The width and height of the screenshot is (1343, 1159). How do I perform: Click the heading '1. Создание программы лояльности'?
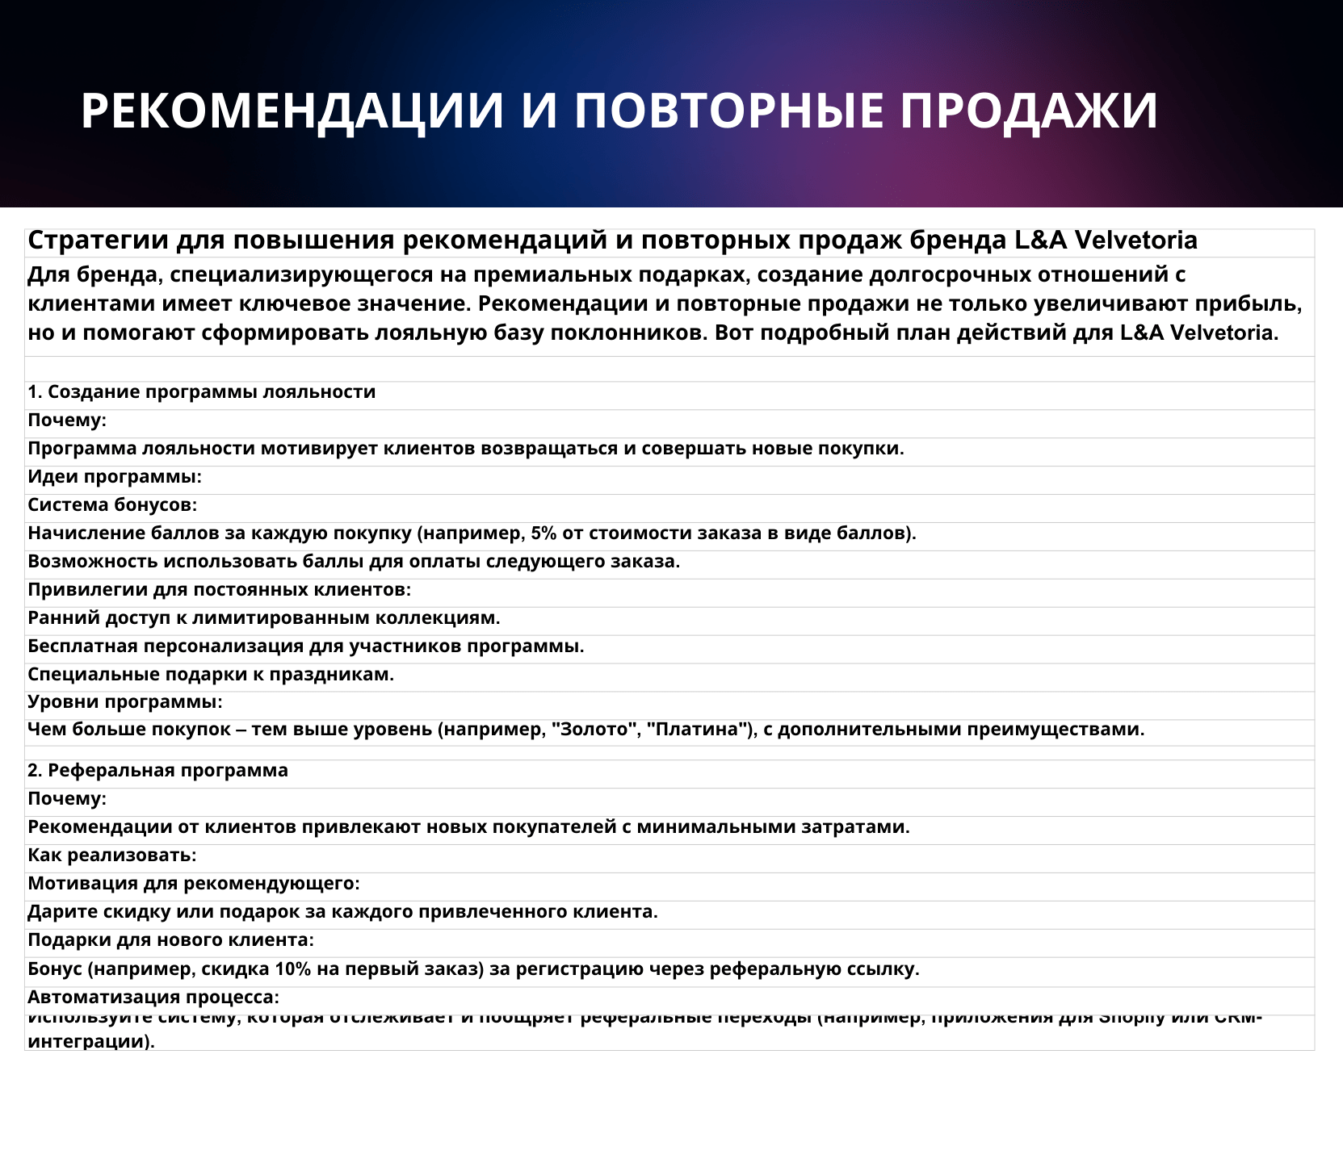click(x=202, y=392)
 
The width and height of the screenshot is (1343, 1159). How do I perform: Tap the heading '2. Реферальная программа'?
click(x=158, y=771)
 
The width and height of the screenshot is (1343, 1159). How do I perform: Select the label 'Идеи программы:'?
click(x=115, y=477)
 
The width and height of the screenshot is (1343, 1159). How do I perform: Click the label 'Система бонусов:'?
click(x=112, y=505)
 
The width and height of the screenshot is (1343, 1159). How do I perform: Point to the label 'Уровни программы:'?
click(x=125, y=702)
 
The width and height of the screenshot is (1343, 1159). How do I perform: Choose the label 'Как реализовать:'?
click(x=112, y=855)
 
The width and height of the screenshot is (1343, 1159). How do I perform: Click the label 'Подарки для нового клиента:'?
click(x=170, y=940)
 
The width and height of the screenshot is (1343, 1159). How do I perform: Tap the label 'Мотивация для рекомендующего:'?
click(x=194, y=884)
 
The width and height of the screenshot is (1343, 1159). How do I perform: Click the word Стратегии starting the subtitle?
click(x=98, y=241)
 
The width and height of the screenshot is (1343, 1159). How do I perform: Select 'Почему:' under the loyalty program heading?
click(x=67, y=421)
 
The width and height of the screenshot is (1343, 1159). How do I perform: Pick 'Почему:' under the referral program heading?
click(x=67, y=799)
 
